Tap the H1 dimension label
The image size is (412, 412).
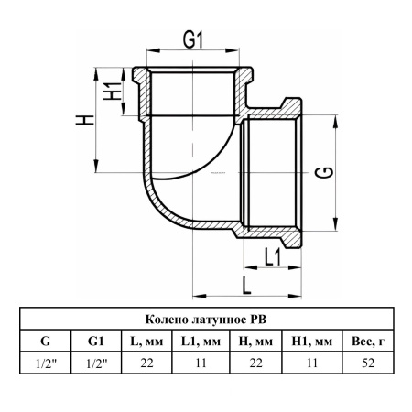tap(112, 91)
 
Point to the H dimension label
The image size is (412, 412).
tap(85, 120)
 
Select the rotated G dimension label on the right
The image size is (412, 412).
tap(324, 172)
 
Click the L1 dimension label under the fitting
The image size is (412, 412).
tap(272, 257)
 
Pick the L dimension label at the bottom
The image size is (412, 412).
tap(246, 286)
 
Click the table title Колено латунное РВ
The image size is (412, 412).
tap(206, 320)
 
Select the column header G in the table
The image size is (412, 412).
tap(45, 341)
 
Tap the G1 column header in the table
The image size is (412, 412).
tap(96, 341)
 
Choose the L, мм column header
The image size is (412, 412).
tap(146, 342)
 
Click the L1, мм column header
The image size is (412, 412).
tap(201, 342)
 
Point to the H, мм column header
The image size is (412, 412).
tap(255, 342)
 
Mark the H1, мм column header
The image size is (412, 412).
tap(312, 342)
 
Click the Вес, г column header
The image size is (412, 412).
tap(368, 342)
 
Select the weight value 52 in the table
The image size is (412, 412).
tap(368, 363)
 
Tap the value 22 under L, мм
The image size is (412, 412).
tap(146, 363)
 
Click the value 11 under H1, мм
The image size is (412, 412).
tap(312, 363)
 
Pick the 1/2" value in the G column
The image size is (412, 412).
tap(46, 363)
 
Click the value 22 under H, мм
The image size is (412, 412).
tap(255, 363)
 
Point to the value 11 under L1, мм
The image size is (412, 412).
tap(201, 363)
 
